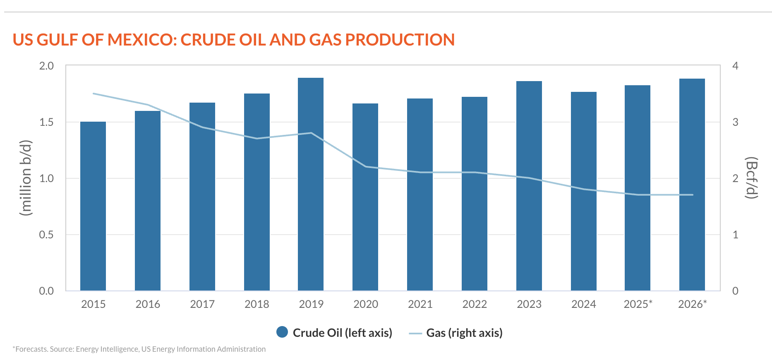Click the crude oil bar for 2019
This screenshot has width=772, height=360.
click(x=311, y=184)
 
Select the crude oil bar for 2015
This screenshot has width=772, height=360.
click(x=93, y=206)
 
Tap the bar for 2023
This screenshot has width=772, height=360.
click(x=529, y=186)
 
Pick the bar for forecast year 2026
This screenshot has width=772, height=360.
click(x=692, y=185)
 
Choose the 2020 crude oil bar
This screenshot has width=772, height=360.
click(x=365, y=197)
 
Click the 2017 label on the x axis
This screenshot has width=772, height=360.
click(x=202, y=304)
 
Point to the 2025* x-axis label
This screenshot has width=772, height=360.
click(x=638, y=304)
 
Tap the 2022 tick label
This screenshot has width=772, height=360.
click(x=475, y=304)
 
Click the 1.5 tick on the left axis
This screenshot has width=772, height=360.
click(x=46, y=122)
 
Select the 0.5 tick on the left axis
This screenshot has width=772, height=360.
click(x=46, y=235)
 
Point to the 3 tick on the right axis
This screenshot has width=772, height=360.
click(x=735, y=122)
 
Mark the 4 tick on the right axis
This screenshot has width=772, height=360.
click(x=735, y=66)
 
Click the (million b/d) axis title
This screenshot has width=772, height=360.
click(x=26, y=178)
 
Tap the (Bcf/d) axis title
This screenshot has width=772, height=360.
click(x=751, y=178)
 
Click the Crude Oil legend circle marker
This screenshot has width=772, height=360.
click(x=282, y=332)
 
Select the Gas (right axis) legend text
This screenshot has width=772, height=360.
click(x=464, y=333)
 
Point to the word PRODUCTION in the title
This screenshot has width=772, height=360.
click(x=400, y=40)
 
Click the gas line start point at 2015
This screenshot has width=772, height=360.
click(x=93, y=94)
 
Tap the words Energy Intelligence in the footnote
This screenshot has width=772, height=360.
click(x=107, y=349)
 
